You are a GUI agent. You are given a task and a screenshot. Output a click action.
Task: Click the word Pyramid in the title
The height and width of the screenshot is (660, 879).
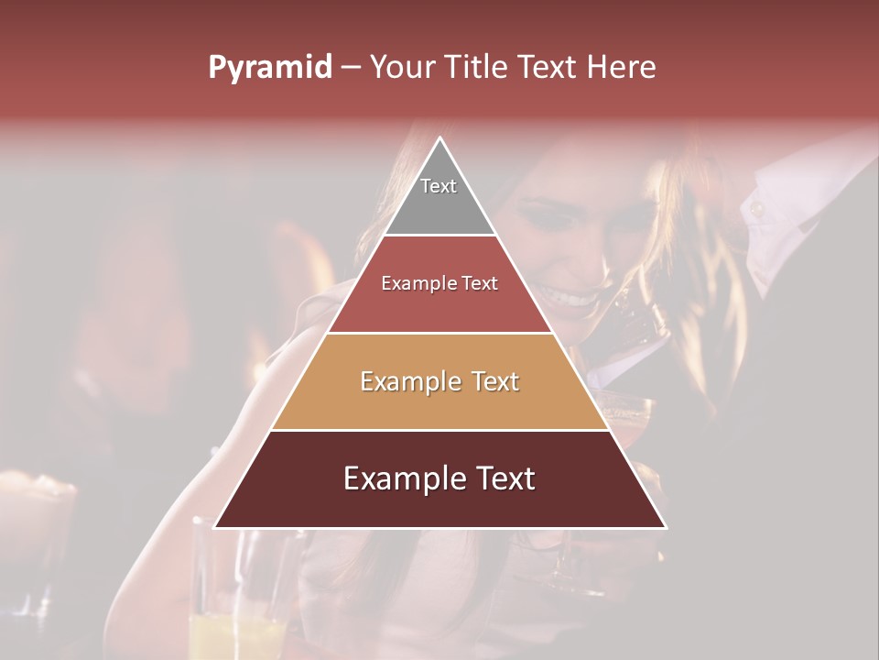269,68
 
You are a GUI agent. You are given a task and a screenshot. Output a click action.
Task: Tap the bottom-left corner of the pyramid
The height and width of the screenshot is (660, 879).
215,527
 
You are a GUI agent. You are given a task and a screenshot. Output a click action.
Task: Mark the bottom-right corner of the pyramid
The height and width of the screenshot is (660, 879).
666,527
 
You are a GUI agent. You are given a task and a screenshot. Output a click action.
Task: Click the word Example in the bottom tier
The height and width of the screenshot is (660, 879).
403,479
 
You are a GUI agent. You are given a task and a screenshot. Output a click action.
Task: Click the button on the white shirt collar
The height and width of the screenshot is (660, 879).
757,210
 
